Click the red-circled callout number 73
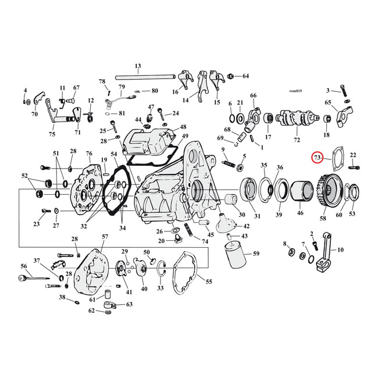coord(318,158)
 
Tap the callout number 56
coord(24,266)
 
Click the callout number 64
coord(245,76)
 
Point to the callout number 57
coord(105,237)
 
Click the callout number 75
coord(52,134)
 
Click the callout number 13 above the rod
coord(138,66)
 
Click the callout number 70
coord(34,114)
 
